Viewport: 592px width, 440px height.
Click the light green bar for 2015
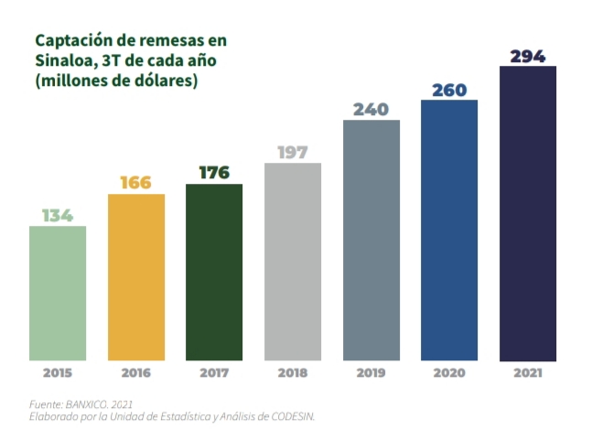[58, 293]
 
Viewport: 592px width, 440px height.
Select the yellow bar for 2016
[136, 277]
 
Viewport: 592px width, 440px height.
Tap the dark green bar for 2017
[214, 272]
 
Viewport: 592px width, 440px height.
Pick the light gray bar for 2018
[293, 262]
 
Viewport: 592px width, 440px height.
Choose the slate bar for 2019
[371, 240]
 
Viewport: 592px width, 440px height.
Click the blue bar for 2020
[449, 230]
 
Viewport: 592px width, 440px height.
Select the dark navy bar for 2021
[528, 213]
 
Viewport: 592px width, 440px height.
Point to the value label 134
[58, 216]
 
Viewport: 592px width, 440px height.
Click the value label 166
[136, 183]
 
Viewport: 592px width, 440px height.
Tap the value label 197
[293, 152]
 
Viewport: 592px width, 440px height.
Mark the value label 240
[371, 109]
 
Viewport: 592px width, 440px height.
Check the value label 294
[528, 56]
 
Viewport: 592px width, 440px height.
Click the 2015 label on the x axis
[58, 373]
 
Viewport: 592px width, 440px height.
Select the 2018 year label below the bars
[293, 373]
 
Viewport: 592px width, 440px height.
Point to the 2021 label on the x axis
[528, 373]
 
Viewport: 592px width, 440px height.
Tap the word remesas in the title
[163, 41]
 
